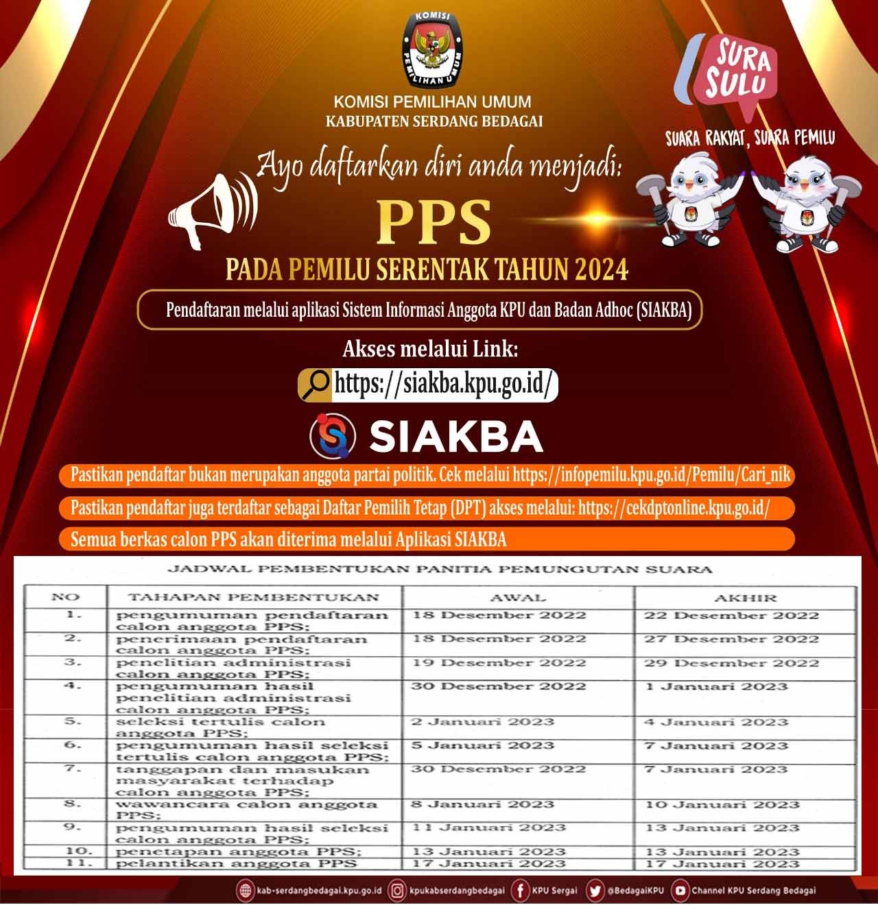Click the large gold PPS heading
pyautogui.click(x=436, y=222)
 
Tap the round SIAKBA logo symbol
pyautogui.click(x=333, y=436)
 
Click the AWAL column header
pyautogui.click(x=519, y=597)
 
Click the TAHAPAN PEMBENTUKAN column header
pyautogui.click(x=253, y=597)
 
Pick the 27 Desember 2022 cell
pyautogui.click(x=731, y=639)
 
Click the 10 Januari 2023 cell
pyautogui.click(x=722, y=804)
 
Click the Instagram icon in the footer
pyautogui.click(x=397, y=890)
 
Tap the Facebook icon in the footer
pyautogui.click(x=521, y=890)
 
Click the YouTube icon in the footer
pyautogui.click(x=680, y=890)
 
